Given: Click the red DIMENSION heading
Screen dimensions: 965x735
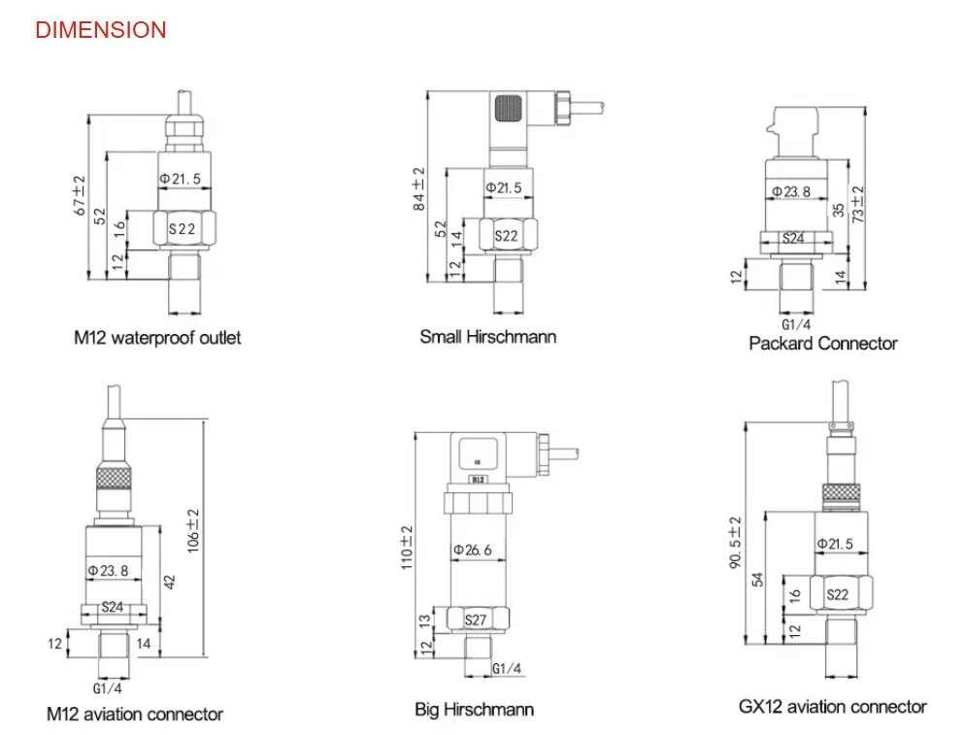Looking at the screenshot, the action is point(101,30).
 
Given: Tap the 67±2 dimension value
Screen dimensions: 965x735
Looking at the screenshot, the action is point(80,196).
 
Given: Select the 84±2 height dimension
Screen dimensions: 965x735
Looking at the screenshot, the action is point(419,189).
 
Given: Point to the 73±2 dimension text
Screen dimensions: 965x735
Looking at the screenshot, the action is point(858,204).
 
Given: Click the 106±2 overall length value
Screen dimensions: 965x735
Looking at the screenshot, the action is point(193,531).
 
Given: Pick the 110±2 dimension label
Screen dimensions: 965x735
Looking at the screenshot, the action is point(407,548).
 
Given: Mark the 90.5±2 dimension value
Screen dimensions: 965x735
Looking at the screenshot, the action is point(736,543).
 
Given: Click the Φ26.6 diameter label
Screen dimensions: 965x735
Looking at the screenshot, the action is point(473,550).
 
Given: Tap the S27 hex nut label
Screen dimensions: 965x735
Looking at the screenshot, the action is point(476,619).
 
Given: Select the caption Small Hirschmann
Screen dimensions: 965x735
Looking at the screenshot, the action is point(488,337).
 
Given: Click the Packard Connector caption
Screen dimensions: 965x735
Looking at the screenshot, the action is point(823,343).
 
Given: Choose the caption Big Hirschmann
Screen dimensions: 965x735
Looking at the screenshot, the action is point(474,710).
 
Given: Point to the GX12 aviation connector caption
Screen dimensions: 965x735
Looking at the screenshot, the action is point(833,707).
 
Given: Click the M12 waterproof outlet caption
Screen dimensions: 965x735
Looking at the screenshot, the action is point(157,337).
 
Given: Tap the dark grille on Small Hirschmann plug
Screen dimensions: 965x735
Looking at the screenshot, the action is point(509,109).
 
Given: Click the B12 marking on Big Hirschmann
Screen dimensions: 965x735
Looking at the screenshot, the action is point(479,480).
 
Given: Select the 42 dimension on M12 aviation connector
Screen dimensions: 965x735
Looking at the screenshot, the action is point(170,582).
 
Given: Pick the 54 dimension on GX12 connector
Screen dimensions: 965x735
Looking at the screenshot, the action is point(757,580).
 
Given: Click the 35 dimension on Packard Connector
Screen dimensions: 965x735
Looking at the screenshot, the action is point(838,210).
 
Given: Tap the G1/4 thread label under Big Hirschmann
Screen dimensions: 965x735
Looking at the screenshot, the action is point(507,669).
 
